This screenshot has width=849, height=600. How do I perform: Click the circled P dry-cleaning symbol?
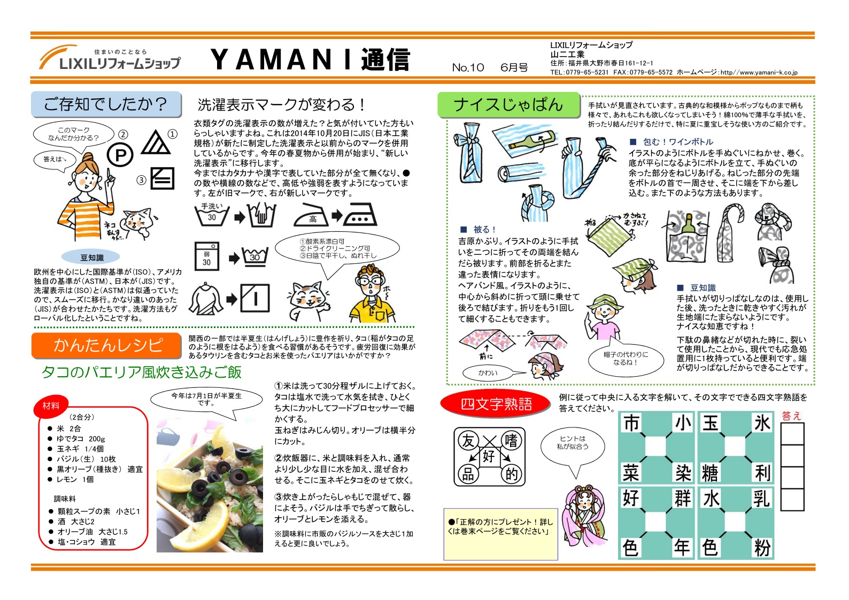tap(120, 155)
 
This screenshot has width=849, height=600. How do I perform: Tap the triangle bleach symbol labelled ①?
tap(156, 143)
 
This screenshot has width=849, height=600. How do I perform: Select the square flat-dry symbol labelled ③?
tap(162, 178)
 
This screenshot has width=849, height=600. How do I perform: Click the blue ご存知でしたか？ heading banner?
tap(106, 104)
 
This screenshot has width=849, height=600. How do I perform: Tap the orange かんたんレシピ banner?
tap(106, 346)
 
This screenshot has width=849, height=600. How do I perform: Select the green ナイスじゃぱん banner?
tap(508, 105)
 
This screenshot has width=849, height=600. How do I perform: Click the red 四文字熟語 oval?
tap(496, 403)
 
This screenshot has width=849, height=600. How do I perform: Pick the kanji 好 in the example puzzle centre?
tap(489, 456)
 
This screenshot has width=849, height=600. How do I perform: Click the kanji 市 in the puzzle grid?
tap(631, 424)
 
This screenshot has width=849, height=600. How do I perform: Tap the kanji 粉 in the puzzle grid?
tap(761, 548)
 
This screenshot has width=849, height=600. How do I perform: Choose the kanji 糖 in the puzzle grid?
tap(710, 473)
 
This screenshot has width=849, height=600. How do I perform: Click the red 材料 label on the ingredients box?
tap(51, 406)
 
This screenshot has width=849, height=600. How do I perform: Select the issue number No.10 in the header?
tap(468, 67)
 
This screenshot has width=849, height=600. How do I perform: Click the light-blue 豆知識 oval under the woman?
tap(91, 258)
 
